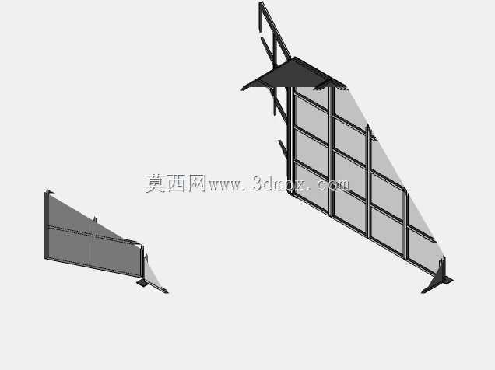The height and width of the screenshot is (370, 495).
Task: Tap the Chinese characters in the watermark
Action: (176, 183)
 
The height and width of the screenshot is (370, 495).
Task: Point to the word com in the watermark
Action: (333, 185)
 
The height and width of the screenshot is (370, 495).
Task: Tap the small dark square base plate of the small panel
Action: (142, 283)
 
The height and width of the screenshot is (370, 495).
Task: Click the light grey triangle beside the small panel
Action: (152, 275)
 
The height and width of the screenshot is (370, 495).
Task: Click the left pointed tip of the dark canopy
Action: (242, 89)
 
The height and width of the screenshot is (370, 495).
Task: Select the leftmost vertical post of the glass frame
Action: (290, 141)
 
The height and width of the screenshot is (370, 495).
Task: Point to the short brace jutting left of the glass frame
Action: (283, 148)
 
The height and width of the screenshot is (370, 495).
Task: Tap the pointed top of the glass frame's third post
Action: (367, 126)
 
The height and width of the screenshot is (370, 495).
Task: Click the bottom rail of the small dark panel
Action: (94, 268)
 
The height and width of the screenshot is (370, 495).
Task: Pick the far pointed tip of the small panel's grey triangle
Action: (167, 291)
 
